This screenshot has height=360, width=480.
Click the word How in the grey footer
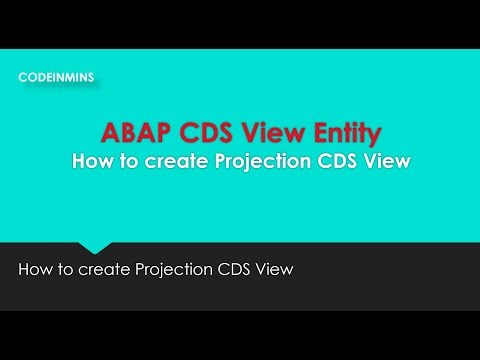[x=36, y=269]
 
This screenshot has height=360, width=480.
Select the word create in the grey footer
[x=104, y=269]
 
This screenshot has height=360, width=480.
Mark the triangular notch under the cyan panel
[x=96, y=246]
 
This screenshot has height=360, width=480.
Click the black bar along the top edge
[x=240, y=22]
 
